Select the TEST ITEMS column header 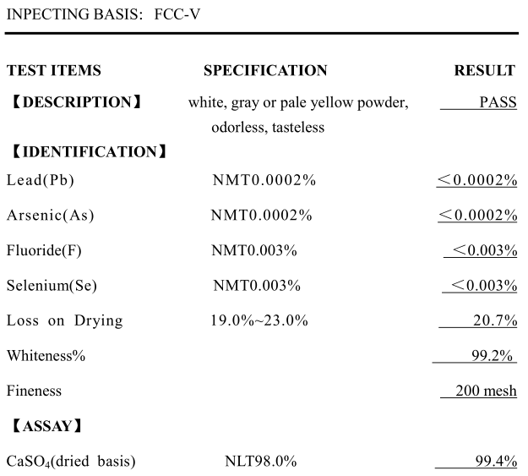pos(53,71)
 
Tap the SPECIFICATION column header pos(265,71)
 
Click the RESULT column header pos(484,71)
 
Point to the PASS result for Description pos(498,103)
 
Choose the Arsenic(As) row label pos(51,216)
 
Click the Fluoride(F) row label pos(44,250)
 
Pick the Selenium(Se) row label pos(49,286)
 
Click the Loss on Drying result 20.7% pos(495,320)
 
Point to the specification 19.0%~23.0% pos(259,320)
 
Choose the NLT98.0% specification pos(260,462)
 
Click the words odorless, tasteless pos(268,128)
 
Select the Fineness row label pos(34,391)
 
